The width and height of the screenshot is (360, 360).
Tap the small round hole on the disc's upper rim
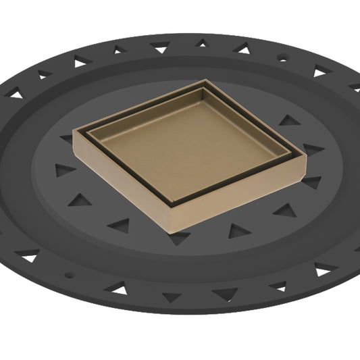282,59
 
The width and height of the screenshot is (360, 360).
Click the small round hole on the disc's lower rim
68,275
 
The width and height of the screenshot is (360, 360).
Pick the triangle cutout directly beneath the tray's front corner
178,237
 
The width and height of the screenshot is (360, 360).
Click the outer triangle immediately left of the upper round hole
241,48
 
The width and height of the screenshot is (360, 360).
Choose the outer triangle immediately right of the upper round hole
319,71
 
